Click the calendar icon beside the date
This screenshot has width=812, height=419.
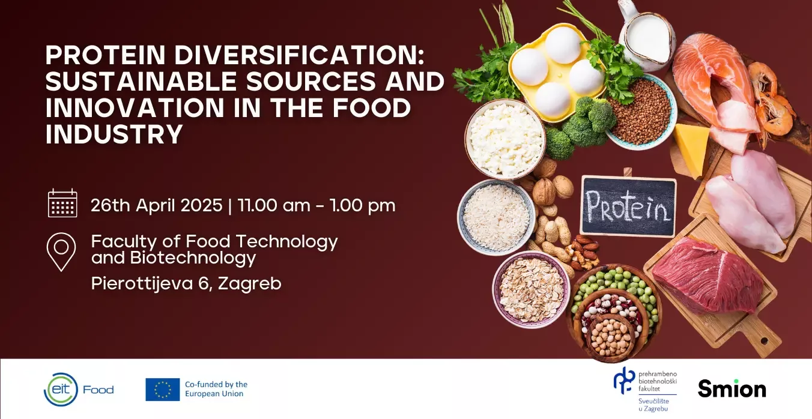coord(62,203)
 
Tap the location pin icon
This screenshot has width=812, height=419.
coord(61,252)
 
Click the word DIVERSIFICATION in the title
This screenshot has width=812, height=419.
coord(298,55)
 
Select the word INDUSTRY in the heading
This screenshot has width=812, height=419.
coord(114,134)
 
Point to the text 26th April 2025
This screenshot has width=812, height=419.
coord(156,205)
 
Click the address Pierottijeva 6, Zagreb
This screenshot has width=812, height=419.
coord(186,283)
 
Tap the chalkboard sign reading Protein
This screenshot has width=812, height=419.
coord(628,206)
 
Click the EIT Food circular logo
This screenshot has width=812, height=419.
coord(61,389)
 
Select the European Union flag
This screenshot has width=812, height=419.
coord(162,389)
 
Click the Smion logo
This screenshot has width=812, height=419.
coord(732,388)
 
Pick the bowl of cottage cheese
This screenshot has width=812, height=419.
coord(505,139)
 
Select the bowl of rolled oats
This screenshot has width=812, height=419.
coord(531,289)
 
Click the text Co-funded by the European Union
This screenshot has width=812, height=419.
coord(216,389)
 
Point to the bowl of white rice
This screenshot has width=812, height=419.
coord(496,217)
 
